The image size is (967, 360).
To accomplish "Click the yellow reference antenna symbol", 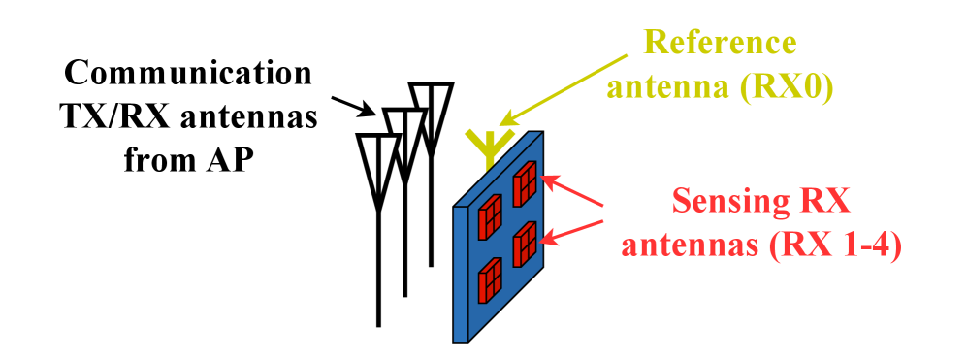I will (484, 146).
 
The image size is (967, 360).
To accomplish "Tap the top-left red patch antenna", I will (489, 214).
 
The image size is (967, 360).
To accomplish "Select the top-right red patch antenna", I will (526, 182).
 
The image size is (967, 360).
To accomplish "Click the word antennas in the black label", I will (256, 117).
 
